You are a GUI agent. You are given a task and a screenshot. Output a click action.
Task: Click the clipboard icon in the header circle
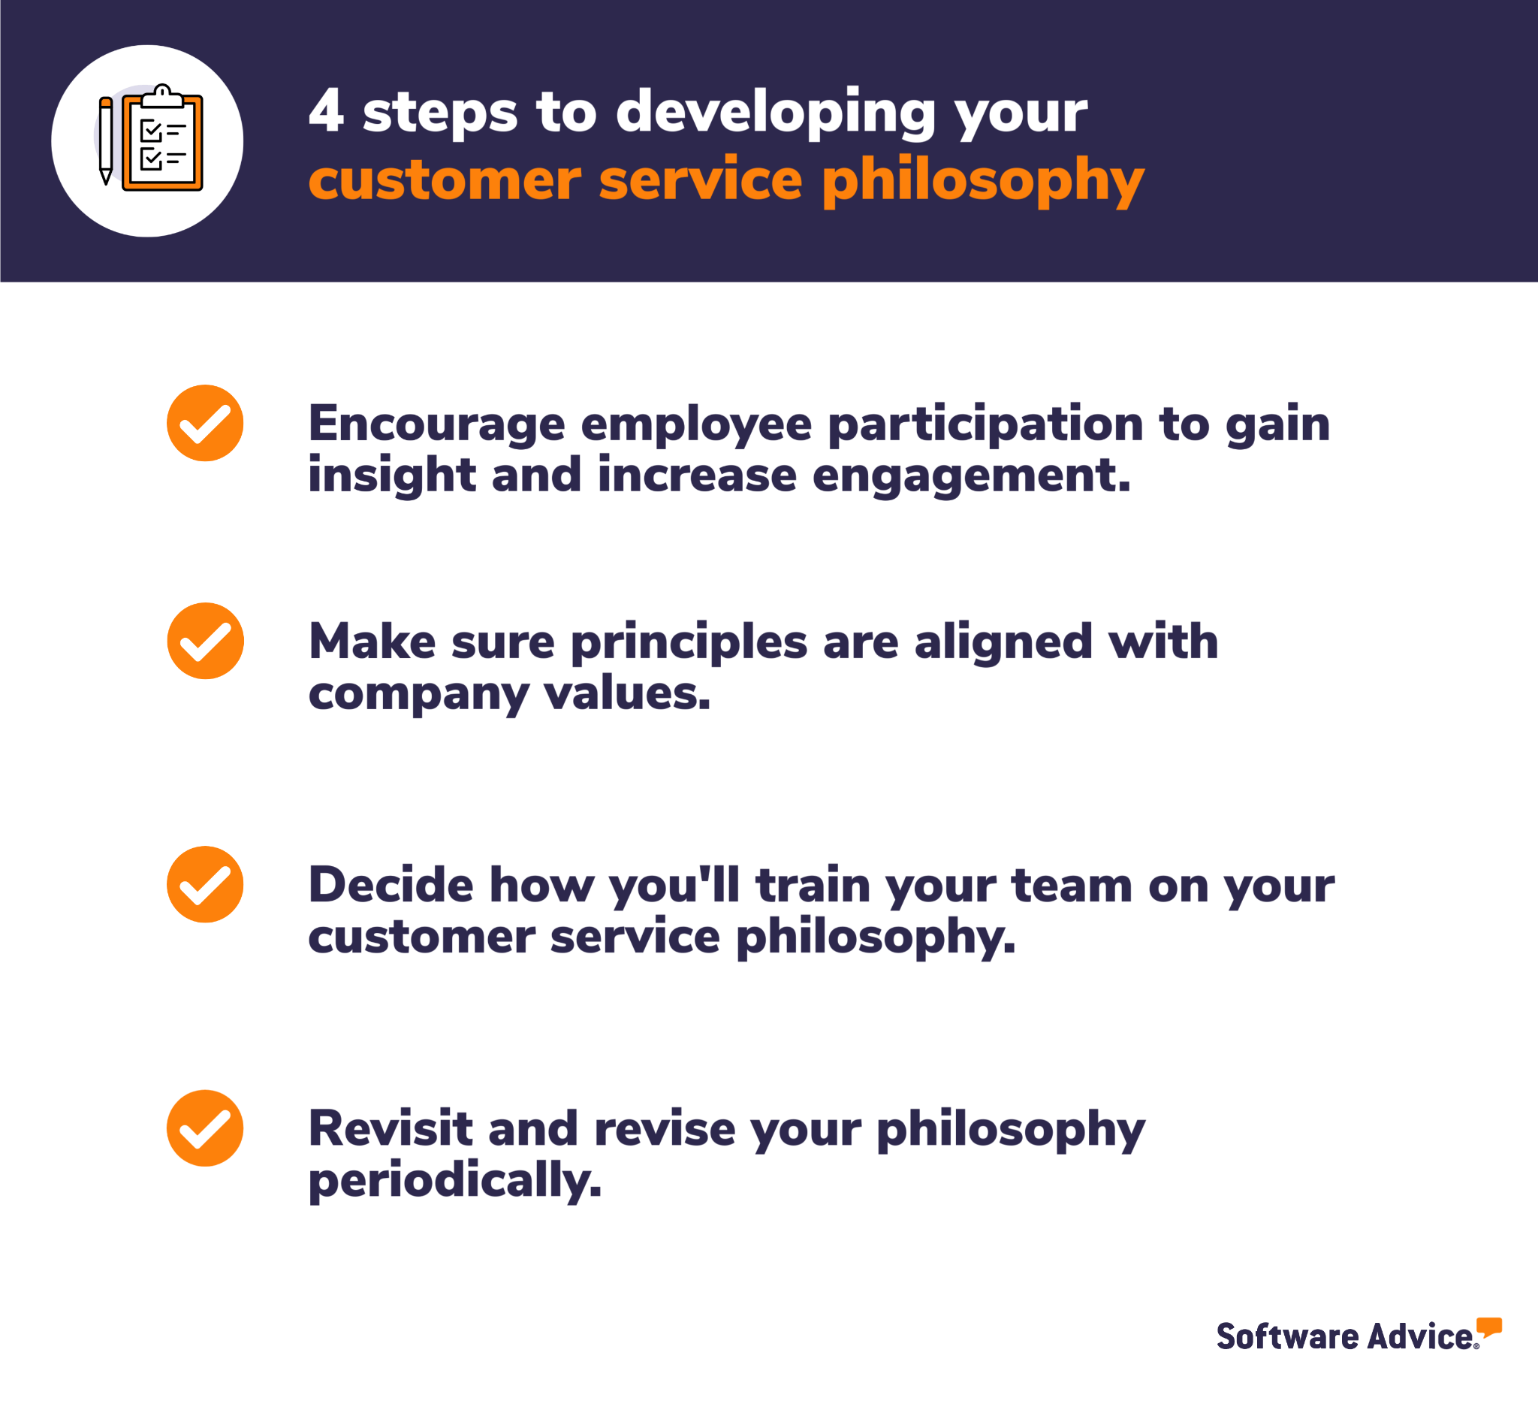(162, 140)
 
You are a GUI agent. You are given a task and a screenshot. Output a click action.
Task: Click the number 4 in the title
(326, 110)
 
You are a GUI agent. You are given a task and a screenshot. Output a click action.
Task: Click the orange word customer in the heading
(444, 180)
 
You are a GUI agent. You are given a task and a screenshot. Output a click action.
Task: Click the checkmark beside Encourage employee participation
(205, 423)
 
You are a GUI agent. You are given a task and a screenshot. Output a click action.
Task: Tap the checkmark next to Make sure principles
(205, 641)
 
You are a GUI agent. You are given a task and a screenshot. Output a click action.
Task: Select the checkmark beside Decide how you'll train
(205, 884)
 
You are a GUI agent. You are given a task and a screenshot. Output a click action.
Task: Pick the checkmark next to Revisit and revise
(205, 1128)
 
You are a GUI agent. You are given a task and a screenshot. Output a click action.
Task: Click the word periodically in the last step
(454, 1180)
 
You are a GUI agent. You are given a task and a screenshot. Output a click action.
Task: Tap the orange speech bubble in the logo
(1488, 1327)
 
